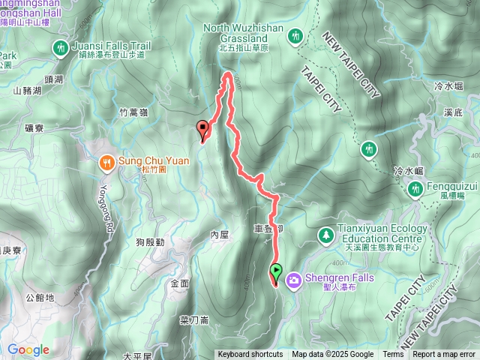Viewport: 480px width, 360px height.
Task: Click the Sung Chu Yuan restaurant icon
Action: click(x=108, y=161)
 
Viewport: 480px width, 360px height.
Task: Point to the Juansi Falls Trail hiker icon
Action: click(x=61, y=48)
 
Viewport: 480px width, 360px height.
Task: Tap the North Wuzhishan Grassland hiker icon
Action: click(x=295, y=36)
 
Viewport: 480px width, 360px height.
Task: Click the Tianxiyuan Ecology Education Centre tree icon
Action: click(x=326, y=235)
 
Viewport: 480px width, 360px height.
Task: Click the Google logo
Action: click(x=28, y=349)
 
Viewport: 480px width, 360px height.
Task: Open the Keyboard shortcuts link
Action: click(x=250, y=355)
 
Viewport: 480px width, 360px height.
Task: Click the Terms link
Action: click(x=393, y=355)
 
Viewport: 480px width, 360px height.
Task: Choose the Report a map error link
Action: click(x=444, y=355)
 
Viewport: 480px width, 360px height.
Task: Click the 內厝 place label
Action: click(x=219, y=235)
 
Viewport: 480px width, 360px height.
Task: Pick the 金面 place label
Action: click(x=180, y=283)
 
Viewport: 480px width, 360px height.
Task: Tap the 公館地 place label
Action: click(x=40, y=298)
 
